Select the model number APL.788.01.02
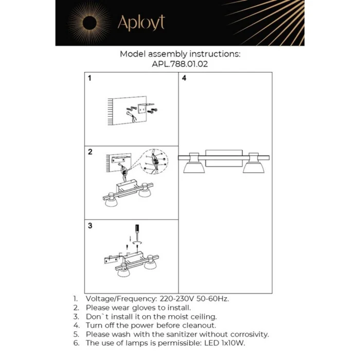179,64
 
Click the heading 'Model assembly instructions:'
179,53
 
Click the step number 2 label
90,152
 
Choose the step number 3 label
90,226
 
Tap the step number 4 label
184,79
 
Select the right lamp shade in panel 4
253,166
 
